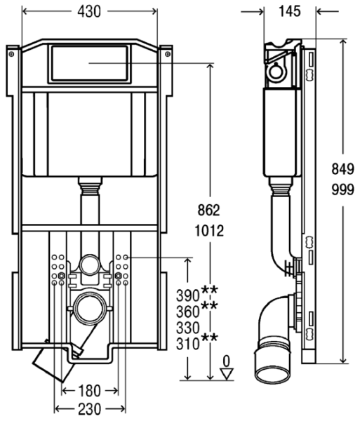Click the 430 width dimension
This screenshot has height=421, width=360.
89,11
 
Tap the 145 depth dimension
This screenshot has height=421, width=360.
290,11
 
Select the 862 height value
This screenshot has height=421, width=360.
208,210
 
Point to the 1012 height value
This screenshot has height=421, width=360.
209,231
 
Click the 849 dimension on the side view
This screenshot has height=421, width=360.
343,169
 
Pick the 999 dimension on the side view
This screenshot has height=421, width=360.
343,190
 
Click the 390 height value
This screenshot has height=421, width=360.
187,295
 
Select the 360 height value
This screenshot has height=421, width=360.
187,312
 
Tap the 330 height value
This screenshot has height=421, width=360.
188,328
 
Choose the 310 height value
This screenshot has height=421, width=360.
187,344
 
